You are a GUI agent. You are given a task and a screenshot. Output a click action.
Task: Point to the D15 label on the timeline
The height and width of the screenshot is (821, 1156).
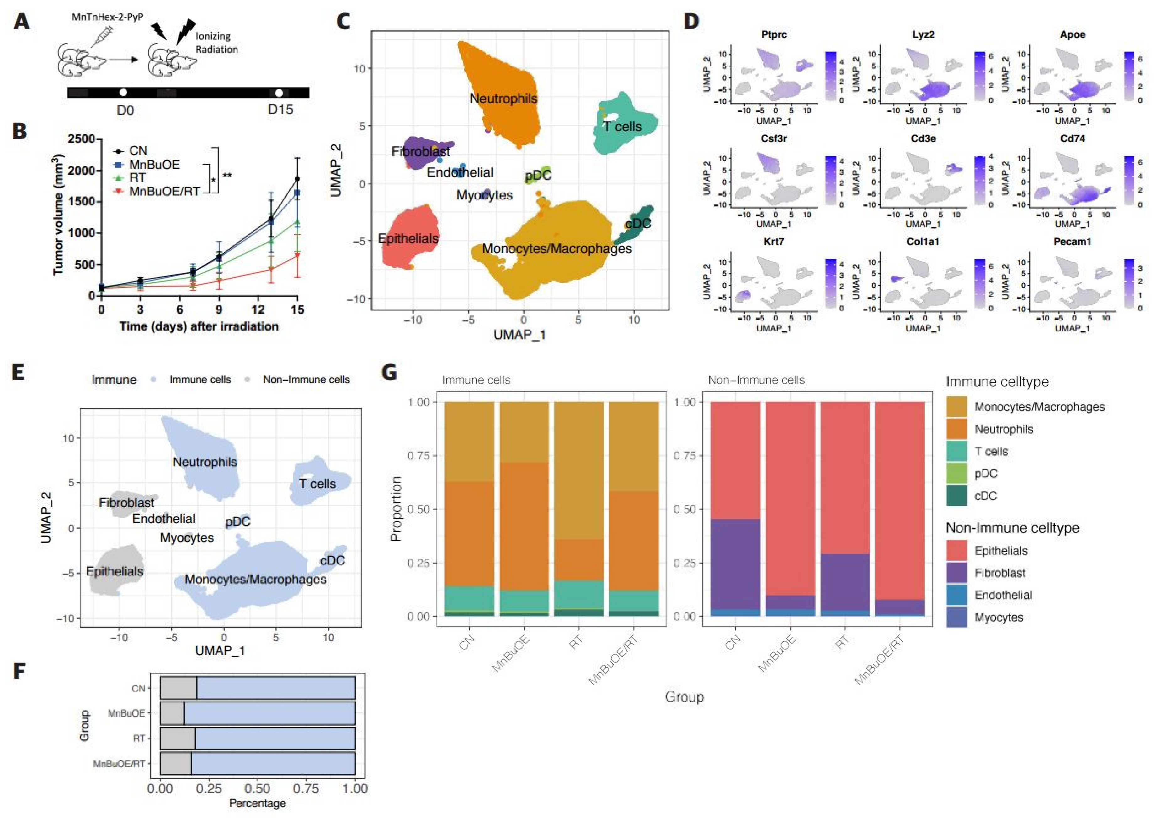pyautogui.click(x=280, y=110)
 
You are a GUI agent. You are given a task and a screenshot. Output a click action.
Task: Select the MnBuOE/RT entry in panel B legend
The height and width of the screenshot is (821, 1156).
pyautogui.click(x=164, y=191)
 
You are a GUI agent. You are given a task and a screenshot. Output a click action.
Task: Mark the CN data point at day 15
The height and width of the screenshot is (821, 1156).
pyautogui.click(x=297, y=178)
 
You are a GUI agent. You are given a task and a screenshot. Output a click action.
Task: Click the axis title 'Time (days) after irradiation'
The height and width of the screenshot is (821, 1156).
pyautogui.click(x=199, y=326)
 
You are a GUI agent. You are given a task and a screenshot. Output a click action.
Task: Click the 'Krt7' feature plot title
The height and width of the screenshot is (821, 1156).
pyautogui.click(x=773, y=242)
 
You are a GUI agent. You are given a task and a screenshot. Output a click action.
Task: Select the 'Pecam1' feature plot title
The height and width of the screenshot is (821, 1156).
pyautogui.click(x=1072, y=242)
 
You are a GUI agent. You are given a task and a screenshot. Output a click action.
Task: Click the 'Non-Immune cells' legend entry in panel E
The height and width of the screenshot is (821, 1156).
pyautogui.click(x=306, y=380)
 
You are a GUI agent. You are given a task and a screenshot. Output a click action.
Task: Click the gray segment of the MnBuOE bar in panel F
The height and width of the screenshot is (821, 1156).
pyautogui.click(x=172, y=713)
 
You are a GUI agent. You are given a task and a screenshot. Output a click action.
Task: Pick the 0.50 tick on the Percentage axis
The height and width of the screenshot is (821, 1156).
pyautogui.click(x=258, y=789)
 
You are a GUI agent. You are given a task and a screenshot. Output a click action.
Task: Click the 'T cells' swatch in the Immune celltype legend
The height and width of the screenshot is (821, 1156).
pyautogui.click(x=956, y=452)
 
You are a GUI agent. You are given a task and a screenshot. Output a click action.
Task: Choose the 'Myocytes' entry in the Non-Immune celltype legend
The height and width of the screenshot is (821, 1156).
pyautogui.click(x=999, y=618)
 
